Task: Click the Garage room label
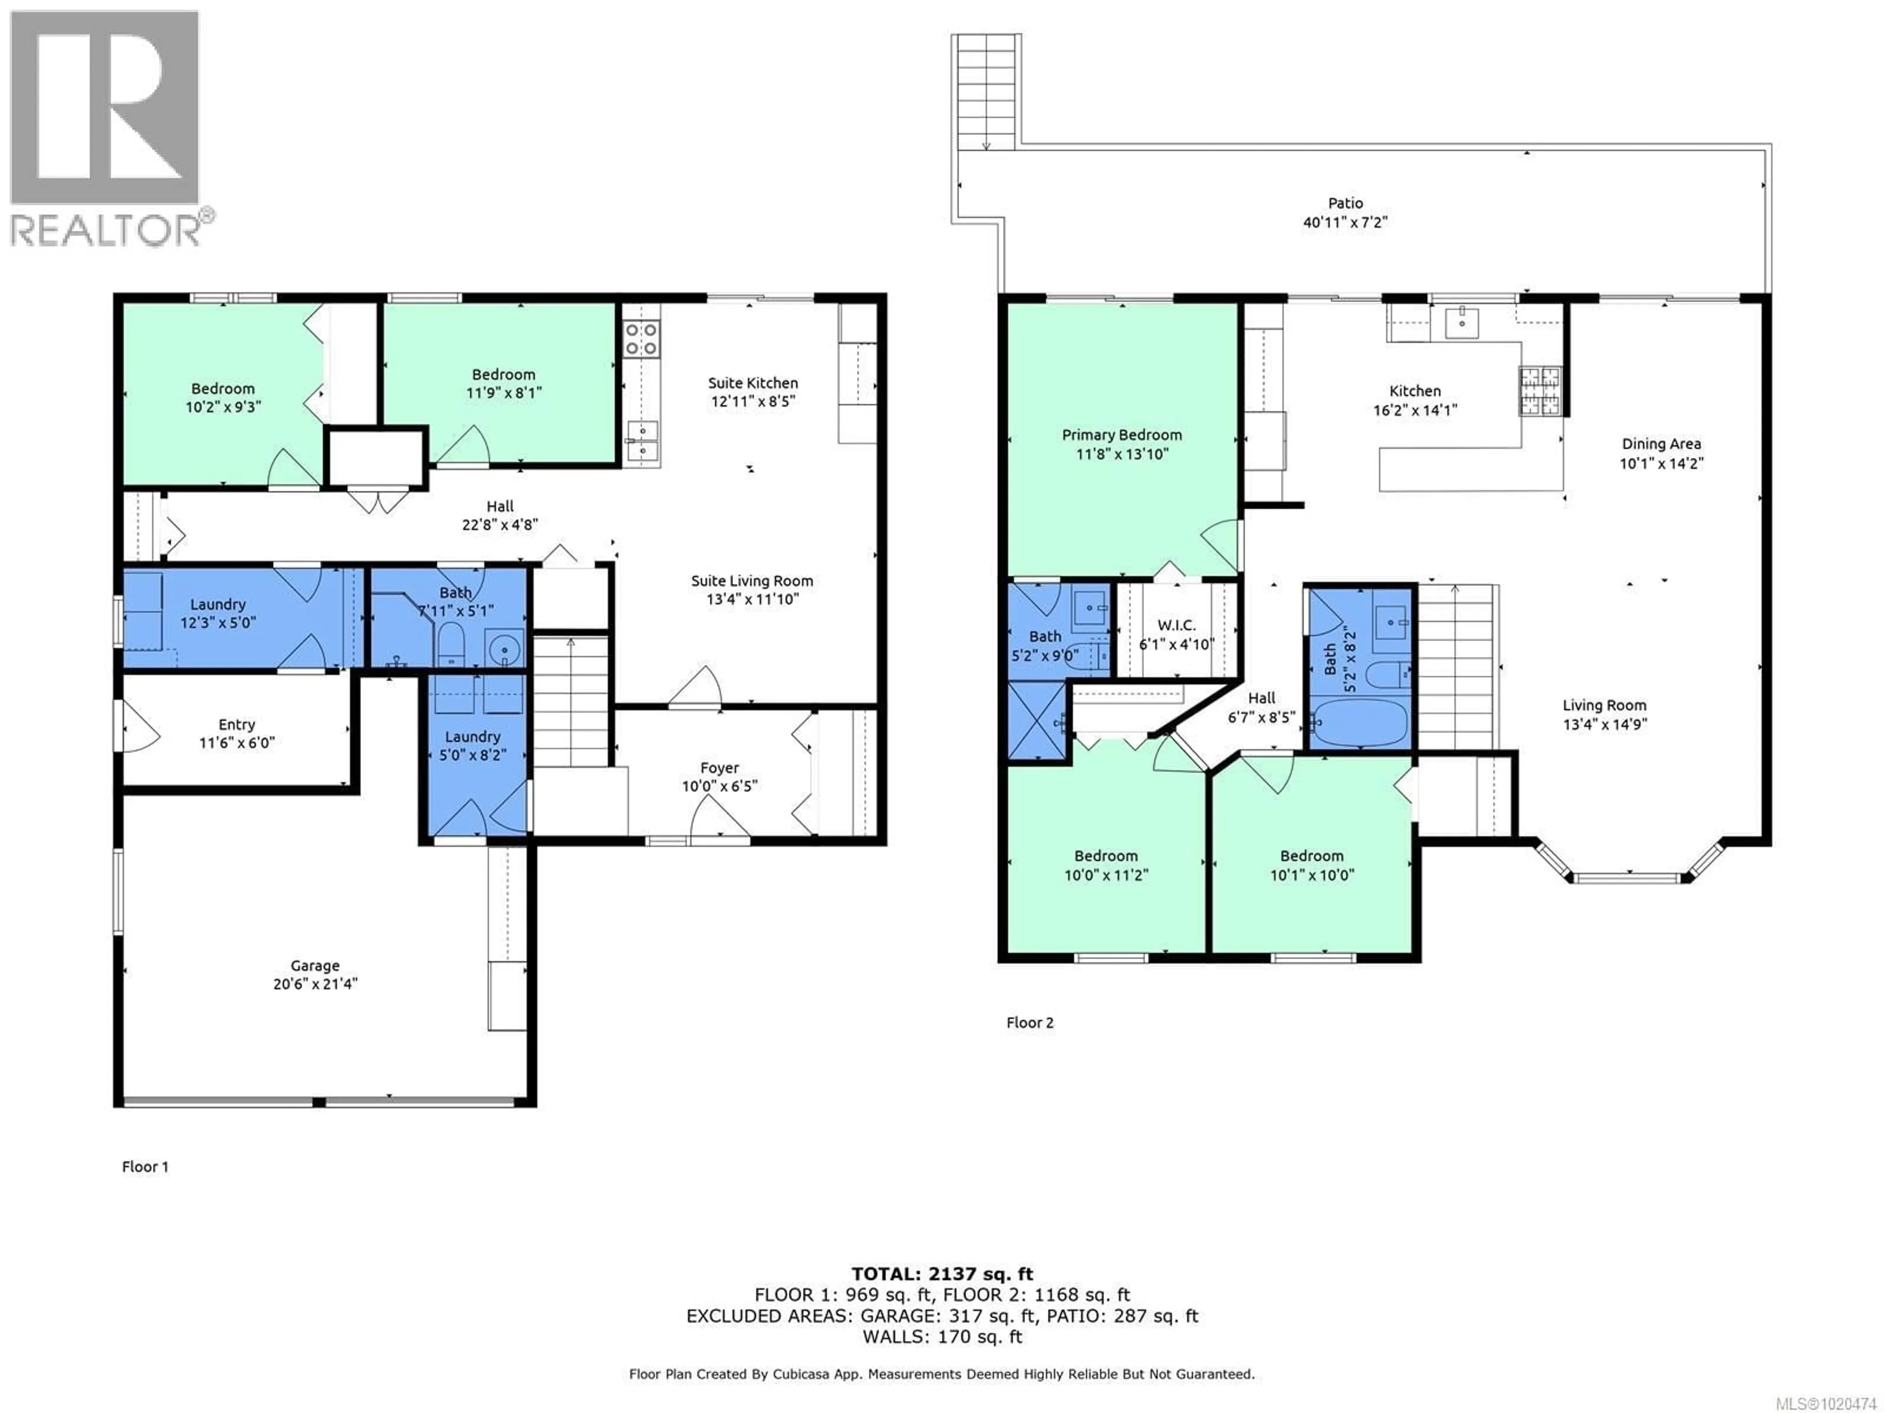pos(314,965)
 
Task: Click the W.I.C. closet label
pos(1176,625)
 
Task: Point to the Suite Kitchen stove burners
pos(640,338)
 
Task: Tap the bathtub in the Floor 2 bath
pos(1360,722)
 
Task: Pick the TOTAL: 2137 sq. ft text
pos(942,1274)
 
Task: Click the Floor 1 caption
pos(145,1167)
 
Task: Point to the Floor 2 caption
pos(1030,1023)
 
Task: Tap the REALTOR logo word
pos(106,230)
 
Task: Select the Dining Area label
pos(1661,444)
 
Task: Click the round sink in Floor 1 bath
pos(504,651)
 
